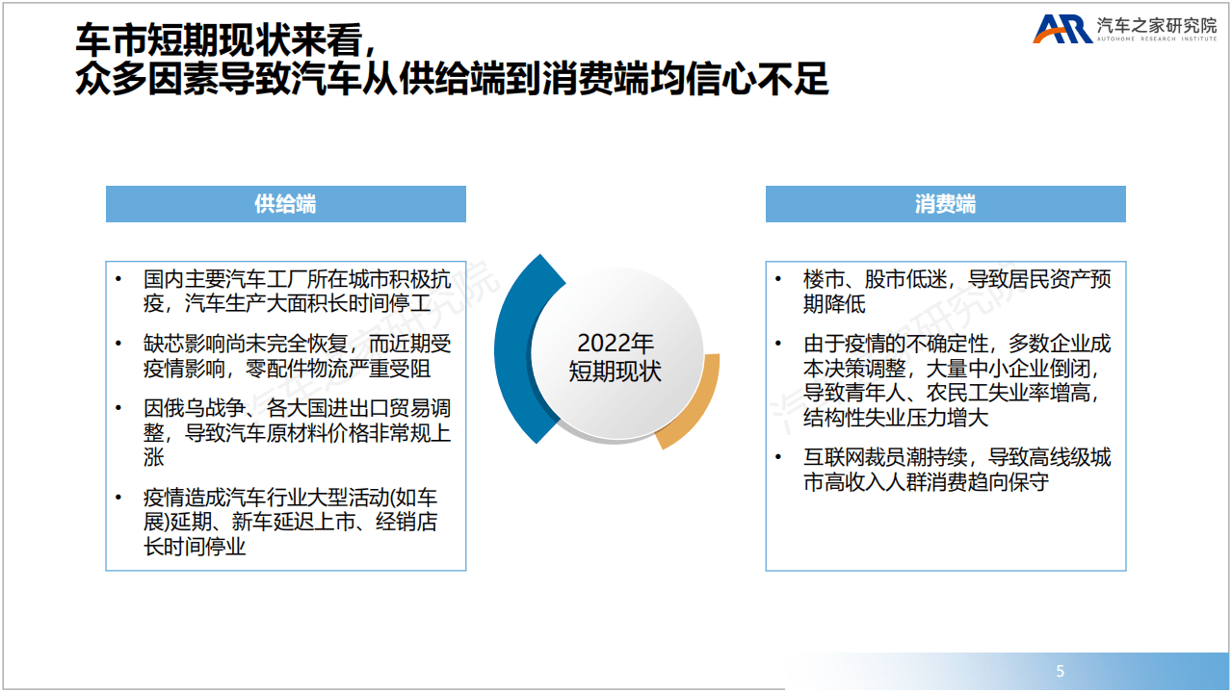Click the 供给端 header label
click(x=285, y=204)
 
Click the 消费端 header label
click(x=945, y=204)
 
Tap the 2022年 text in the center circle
click(x=616, y=344)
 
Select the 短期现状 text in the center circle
click(x=616, y=372)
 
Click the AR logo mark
click(x=1062, y=29)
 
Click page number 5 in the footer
click(x=1061, y=671)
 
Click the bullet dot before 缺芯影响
click(x=118, y=344)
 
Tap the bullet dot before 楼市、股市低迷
click(x=778, y=279)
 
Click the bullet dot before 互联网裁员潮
click(x=778, y=457)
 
